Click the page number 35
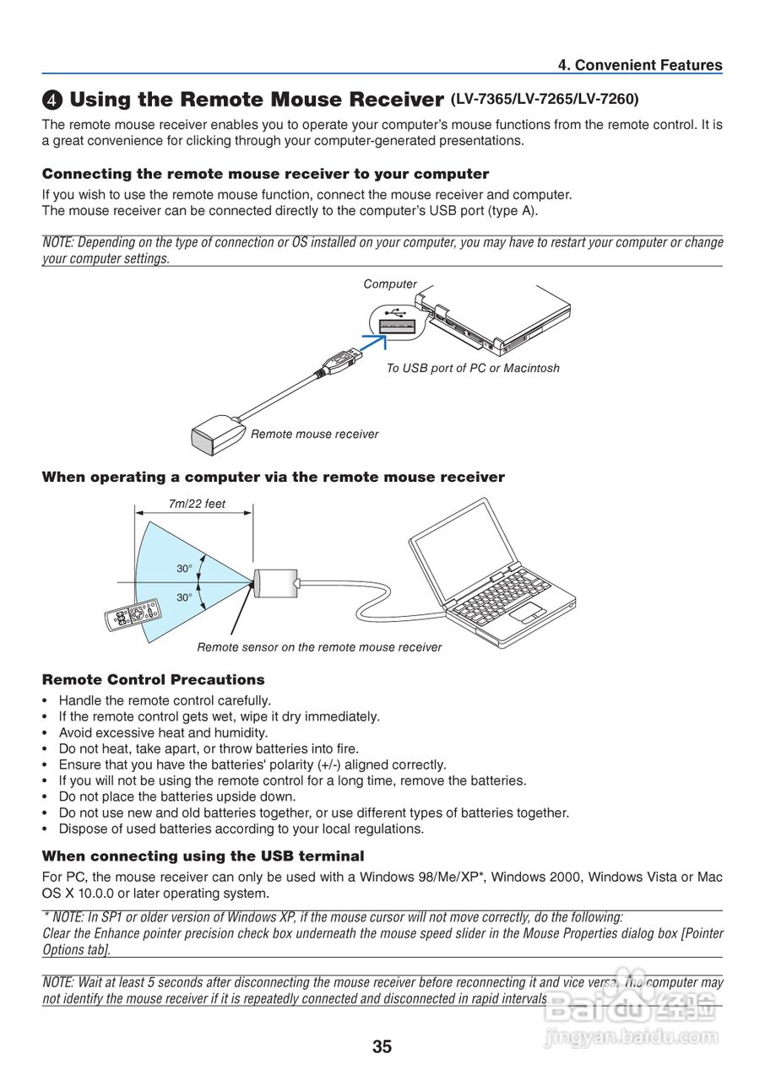click(382, 1047)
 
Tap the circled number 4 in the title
click(52, 100)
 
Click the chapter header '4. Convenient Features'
click(640, 65)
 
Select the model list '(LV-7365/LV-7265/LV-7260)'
click(545, 99)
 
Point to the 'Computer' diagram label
click(390, 284)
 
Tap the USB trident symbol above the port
click(392, 311)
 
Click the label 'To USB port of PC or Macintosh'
click(473, 368)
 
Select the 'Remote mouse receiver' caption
click(314, 434)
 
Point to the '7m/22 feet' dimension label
click(197, 504)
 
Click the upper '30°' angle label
click(184, 569)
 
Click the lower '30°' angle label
click(184, 597)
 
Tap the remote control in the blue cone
click(132, 616)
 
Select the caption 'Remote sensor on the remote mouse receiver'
click(319, 647)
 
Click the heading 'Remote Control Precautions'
click(153, 679)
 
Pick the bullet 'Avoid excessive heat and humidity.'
click(163, 732)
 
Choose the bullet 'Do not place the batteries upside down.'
click(177, 796)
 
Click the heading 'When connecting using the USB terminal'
click(203, 856)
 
